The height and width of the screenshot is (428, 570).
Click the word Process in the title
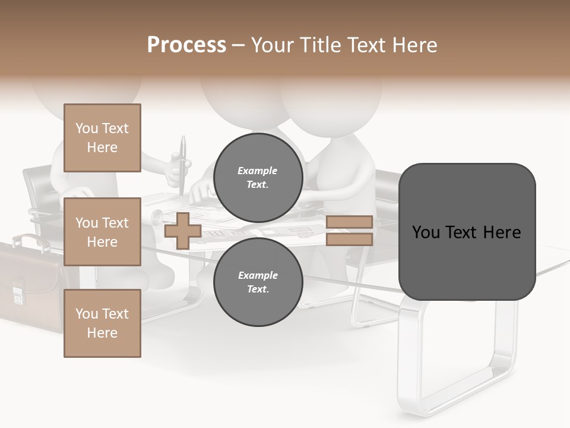click(186, 45)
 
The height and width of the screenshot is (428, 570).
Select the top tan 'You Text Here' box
click(102, 138)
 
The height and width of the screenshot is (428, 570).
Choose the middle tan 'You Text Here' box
click(102, 232)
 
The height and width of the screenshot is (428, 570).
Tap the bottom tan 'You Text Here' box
click(102, 323)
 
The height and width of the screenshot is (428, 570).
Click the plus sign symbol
click(183, 231)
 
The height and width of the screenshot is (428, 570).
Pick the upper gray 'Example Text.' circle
click(258, 177)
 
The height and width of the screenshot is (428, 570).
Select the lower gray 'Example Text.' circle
click(258, 282)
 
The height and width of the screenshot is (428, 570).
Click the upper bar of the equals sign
click(349, 222)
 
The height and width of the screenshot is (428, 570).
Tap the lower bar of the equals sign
click(349, 239)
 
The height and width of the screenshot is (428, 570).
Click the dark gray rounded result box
click(467, 232)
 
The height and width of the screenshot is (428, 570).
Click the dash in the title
click(239, 45)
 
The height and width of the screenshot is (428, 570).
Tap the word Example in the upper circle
click(258, 171)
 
